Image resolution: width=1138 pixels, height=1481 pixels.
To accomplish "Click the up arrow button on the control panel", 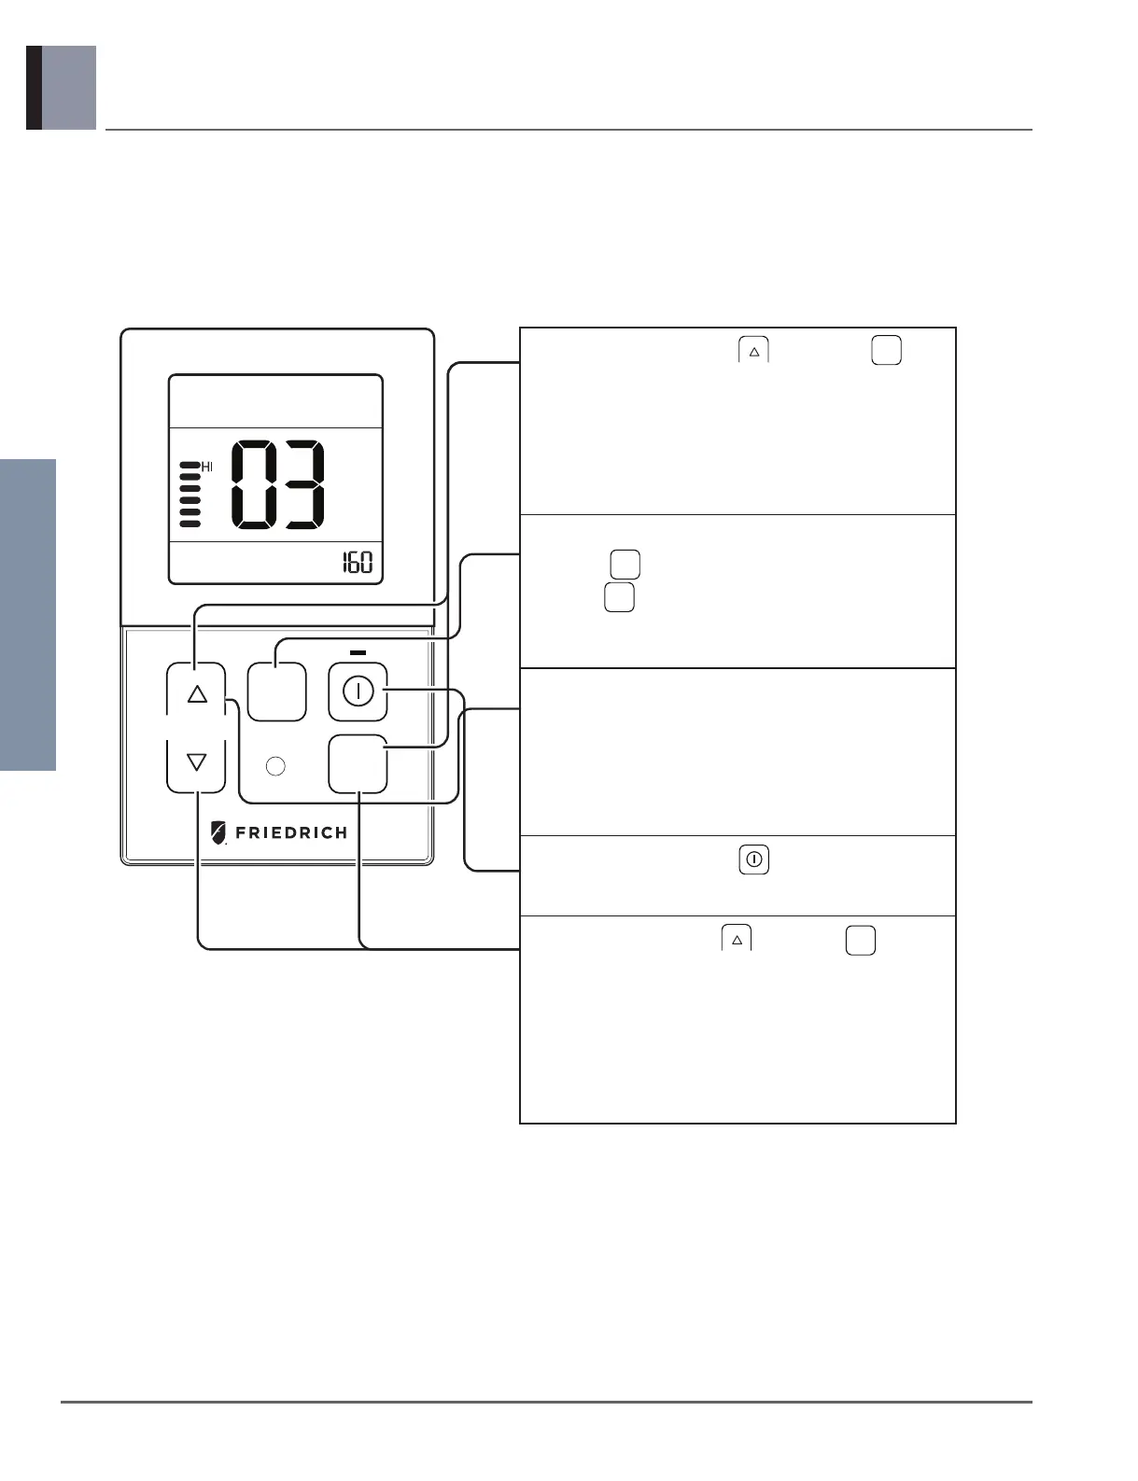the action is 196,694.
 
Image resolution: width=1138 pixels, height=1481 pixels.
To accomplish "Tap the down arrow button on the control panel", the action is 196,762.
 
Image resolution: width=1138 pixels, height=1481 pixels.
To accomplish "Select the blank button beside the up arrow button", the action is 276,692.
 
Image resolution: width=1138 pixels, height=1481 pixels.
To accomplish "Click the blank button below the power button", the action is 358,763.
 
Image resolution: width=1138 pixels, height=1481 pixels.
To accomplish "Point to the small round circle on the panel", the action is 275,766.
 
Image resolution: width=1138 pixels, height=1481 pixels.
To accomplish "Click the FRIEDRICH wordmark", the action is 291,832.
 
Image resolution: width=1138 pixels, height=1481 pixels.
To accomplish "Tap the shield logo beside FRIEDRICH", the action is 218,832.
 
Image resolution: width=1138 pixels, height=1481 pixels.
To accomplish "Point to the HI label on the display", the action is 207,467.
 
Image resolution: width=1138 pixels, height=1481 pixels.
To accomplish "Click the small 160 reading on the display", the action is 357,563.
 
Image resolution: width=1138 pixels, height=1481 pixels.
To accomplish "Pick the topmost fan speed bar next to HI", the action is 190,465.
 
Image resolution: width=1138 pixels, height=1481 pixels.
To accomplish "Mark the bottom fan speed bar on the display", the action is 190,524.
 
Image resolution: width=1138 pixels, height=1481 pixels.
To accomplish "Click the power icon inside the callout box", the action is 754,859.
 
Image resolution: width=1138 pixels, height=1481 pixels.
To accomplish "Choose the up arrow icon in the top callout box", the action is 754,351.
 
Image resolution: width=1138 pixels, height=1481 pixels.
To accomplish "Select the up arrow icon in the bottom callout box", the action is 737,940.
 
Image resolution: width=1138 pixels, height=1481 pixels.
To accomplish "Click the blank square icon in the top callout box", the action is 886,350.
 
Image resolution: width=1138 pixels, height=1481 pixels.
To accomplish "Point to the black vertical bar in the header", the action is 34,88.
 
